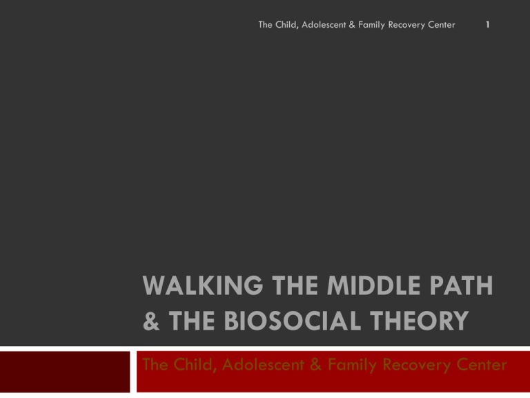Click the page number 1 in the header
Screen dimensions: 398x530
(487, 26)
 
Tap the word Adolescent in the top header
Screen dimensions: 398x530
(331, 26)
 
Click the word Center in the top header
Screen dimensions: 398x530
(440, 26)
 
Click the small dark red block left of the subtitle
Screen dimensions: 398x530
(65, 371)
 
